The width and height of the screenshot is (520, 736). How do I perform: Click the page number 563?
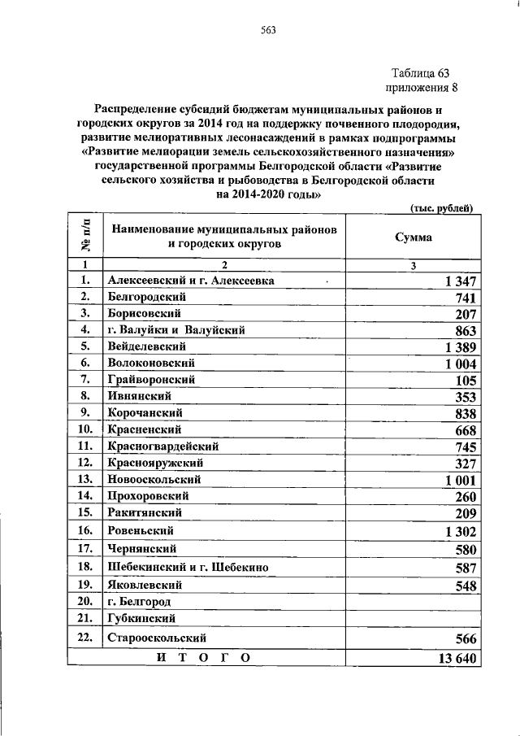tap(268, 31)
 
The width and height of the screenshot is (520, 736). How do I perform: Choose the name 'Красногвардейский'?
tap(162, 446)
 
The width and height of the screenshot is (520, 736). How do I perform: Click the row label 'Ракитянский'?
tap(144, 512)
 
